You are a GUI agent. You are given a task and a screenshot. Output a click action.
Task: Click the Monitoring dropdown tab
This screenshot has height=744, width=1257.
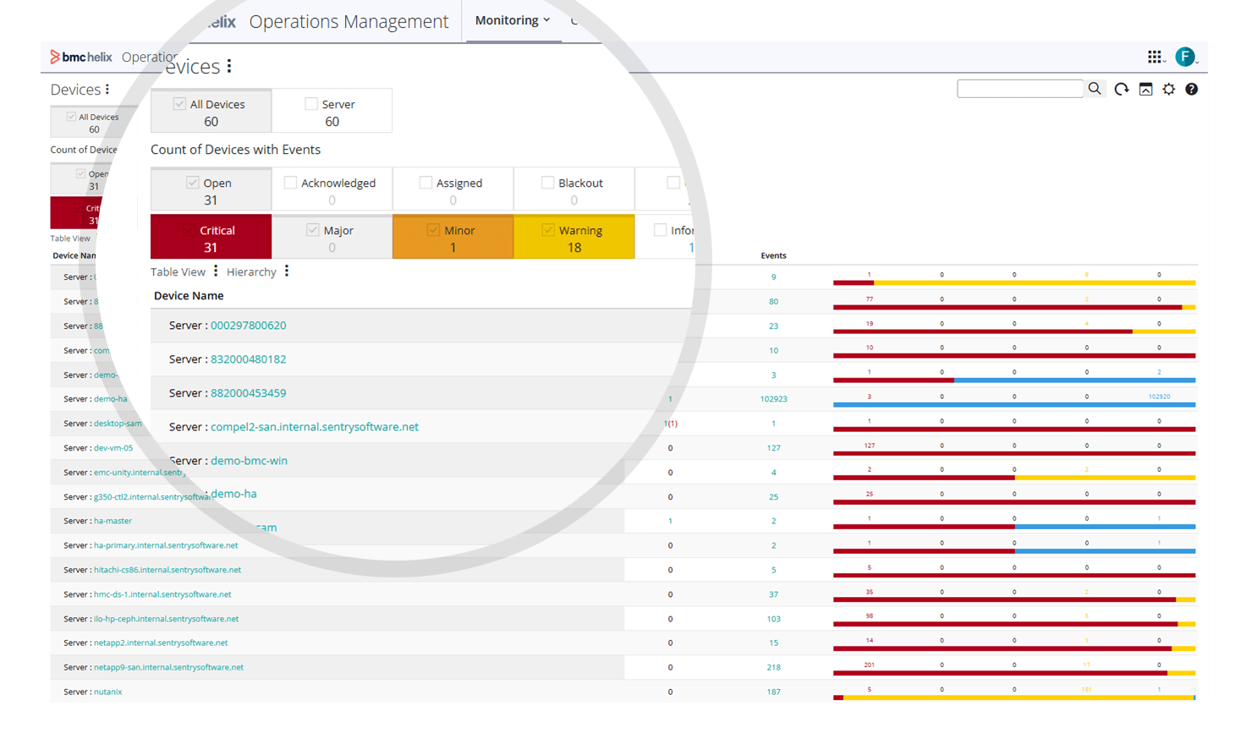[512, 20]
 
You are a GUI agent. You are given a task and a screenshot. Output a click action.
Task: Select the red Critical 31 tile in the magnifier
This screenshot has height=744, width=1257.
[211, 238]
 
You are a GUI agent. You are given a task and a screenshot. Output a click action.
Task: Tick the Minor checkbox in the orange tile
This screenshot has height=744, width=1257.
[434, 230]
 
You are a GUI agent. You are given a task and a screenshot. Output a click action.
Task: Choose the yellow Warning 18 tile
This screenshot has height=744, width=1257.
[574, 238]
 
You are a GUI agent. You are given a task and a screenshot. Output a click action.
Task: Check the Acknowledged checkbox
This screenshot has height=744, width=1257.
[291, 183]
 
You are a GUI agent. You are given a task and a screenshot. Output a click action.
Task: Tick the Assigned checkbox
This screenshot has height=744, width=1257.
[425, 183]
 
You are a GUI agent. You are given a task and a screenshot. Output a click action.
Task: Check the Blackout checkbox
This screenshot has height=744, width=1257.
[547, 183]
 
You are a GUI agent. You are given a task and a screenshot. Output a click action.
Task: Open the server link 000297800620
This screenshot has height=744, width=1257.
[248, 325]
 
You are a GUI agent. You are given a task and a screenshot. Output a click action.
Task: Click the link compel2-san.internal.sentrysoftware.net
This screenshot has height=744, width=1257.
[314, 427]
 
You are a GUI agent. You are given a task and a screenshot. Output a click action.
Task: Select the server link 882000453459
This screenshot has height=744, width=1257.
[248, 393]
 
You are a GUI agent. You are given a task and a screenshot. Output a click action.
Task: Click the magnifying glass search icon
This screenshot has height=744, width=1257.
[1095, 89]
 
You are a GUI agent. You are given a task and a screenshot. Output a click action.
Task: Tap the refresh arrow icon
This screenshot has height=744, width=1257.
[1122, 90]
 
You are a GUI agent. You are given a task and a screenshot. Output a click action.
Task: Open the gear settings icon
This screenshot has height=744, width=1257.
[1169, 90]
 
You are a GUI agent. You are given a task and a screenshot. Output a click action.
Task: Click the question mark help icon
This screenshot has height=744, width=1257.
[1191, 90]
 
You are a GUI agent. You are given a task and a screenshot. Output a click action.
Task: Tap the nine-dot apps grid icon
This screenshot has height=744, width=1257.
[1155, 57]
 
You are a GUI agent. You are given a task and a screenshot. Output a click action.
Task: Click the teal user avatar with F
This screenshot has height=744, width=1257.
[1185, 57]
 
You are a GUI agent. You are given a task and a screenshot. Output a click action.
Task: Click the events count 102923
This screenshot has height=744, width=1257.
[773, 399]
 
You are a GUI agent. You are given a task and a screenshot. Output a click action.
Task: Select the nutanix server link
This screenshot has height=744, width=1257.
[107, 692]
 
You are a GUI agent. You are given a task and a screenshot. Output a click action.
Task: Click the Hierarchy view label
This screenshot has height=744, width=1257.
[251, 272]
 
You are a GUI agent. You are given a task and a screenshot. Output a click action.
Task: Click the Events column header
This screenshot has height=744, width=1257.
[773, 255]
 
